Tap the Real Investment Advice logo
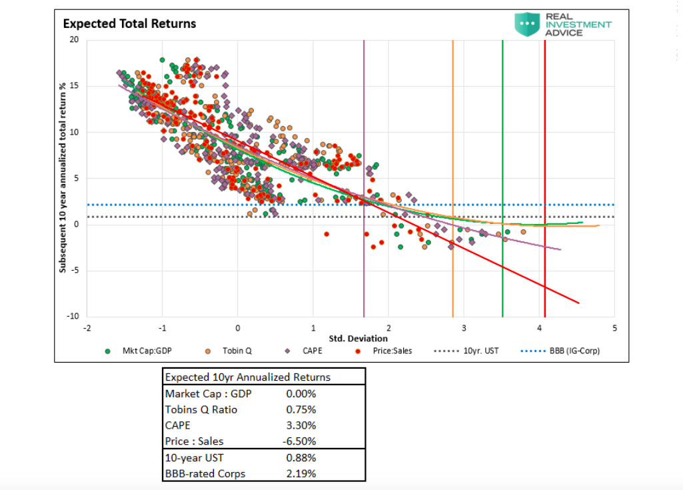(563, 24)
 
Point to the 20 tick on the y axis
(74, 40)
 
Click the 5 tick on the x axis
(614, 328)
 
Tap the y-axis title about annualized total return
(63, 178)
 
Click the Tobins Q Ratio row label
(201, 409)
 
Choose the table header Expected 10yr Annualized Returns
(247, 377)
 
